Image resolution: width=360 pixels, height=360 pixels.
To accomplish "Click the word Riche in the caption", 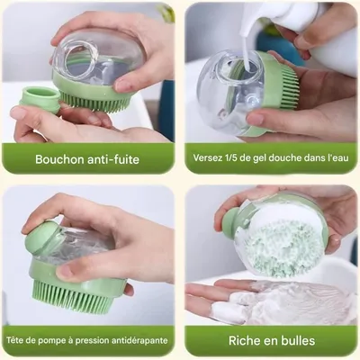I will click(247, 341).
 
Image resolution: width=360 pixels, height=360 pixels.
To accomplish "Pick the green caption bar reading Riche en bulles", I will click(270, 341).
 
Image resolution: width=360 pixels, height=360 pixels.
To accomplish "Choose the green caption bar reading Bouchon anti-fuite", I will click(90, 159).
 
